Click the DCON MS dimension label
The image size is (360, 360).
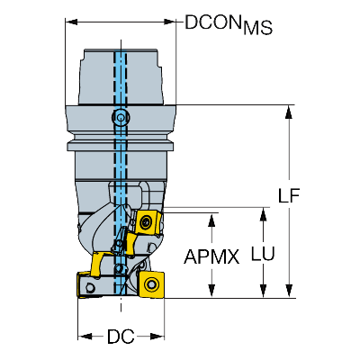[x=229, y=24]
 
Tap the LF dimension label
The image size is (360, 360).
[x=289, y=196]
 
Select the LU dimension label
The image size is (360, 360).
[x=263, y=254]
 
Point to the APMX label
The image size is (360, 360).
[x=211, y=256]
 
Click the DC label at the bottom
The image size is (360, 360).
[x=121, y=337]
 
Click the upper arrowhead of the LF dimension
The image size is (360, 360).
[x=289, y=112]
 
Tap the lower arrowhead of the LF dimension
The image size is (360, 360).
[x=289, y=292]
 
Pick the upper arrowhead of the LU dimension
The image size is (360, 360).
[x=263, y=214]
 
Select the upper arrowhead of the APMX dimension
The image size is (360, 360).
[x=211, y=220]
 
